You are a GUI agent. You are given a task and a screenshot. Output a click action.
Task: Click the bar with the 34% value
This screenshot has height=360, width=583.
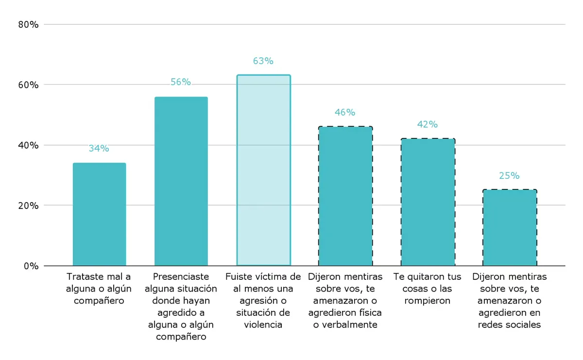(99, 214)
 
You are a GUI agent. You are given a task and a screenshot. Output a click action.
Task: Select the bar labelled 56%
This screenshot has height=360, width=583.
(181, 181)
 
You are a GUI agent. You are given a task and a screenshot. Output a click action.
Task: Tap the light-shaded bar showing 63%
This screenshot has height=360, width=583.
(263, 171)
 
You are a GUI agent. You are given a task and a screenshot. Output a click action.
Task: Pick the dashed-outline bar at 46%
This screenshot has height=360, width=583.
(345, 196)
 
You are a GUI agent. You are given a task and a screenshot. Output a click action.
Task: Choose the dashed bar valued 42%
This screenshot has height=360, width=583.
(428, 202)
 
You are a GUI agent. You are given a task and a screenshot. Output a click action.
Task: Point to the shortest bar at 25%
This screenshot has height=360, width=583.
(509, 227)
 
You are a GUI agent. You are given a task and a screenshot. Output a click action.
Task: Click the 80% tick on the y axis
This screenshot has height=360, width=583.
(28, 24)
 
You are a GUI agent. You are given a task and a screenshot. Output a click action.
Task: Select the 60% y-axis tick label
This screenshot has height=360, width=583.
(28, 85)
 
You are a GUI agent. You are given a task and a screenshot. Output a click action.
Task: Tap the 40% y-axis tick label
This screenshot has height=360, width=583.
(28, 145)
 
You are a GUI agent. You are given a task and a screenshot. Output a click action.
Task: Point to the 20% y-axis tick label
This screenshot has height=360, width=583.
(28, 206)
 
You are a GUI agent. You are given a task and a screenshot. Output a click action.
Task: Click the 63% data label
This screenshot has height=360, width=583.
(263, 61)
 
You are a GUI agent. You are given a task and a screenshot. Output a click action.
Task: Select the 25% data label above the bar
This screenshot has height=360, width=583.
(509, 176)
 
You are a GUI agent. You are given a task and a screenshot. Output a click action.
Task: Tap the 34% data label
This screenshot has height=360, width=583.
(99, 149)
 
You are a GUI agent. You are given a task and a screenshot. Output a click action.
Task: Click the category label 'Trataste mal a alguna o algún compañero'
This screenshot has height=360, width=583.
(99, 289)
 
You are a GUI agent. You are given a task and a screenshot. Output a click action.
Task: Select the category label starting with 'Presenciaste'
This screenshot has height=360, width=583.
(181, 307)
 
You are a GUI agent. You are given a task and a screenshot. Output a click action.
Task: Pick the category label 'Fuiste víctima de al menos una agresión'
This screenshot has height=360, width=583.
(263, 301)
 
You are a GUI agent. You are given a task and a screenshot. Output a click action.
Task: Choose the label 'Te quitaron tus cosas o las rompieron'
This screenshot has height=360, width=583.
(428, 289)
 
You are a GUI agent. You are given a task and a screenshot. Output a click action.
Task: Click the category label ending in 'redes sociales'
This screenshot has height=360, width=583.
(509, 301)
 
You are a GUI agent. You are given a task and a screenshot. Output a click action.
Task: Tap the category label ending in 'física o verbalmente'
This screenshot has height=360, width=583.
(345, 301)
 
